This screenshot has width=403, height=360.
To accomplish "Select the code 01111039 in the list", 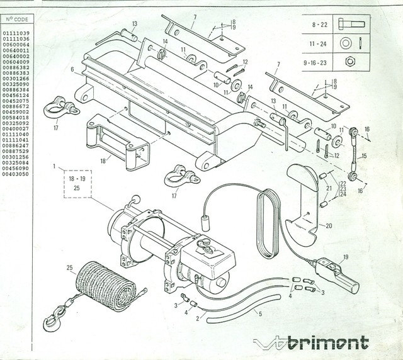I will pos(16,32).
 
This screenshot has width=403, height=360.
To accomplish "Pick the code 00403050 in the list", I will pos(16,177).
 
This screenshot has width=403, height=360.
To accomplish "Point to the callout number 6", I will pos(73,69).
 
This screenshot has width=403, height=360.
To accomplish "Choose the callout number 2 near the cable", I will pos(197,319).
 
